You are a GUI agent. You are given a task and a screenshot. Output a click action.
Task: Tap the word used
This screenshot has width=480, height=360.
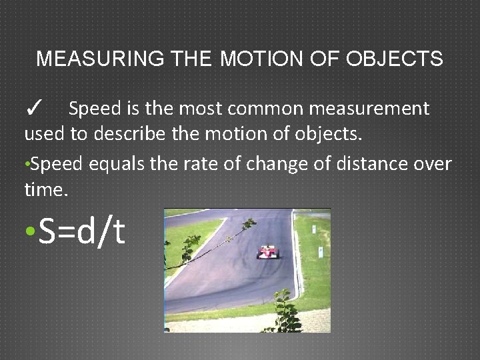[44, 134]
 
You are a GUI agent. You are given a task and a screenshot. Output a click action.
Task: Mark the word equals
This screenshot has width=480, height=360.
[106, 163]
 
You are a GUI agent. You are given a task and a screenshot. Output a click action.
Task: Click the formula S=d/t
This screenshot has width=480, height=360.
[82, 231]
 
